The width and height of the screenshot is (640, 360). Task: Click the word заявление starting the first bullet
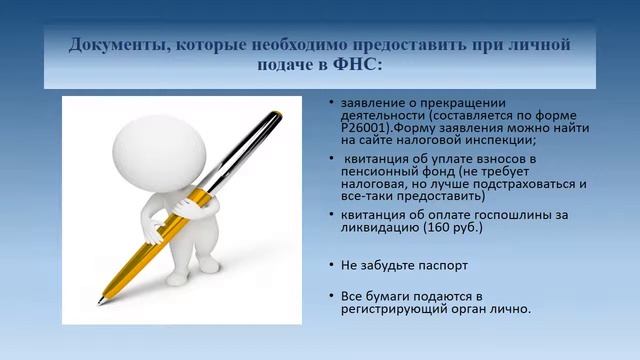369,103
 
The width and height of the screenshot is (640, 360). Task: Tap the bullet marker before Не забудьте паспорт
331,265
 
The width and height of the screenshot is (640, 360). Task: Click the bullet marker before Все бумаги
331,297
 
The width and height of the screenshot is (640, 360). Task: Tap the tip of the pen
100,300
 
